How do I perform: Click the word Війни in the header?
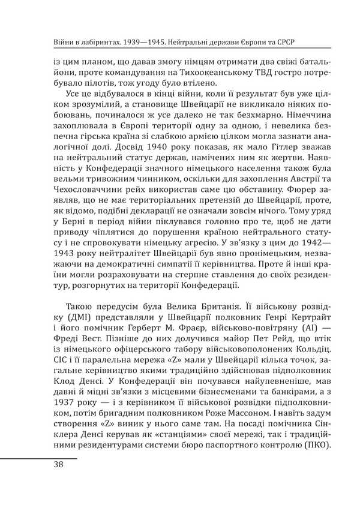tap(49, 44)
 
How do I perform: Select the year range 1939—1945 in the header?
tap(139, 44)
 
